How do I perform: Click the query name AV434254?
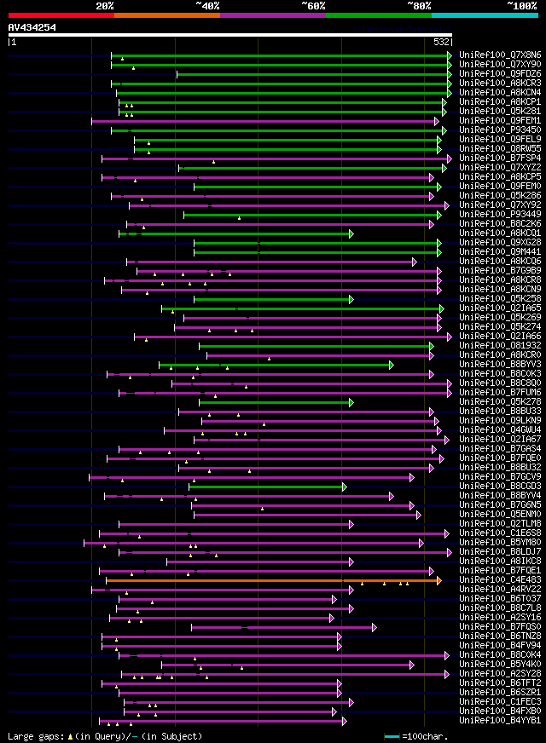click(x=32, y=27)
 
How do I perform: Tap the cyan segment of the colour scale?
click(x=484, y=14)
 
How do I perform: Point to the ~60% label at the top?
click(x=313, y=5)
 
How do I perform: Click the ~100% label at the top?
click(x=522, y=5)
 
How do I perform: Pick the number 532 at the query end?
click(x=442, y=41)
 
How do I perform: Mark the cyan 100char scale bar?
click(x=392, y=735)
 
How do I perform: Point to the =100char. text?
click(x=427, y=735)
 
